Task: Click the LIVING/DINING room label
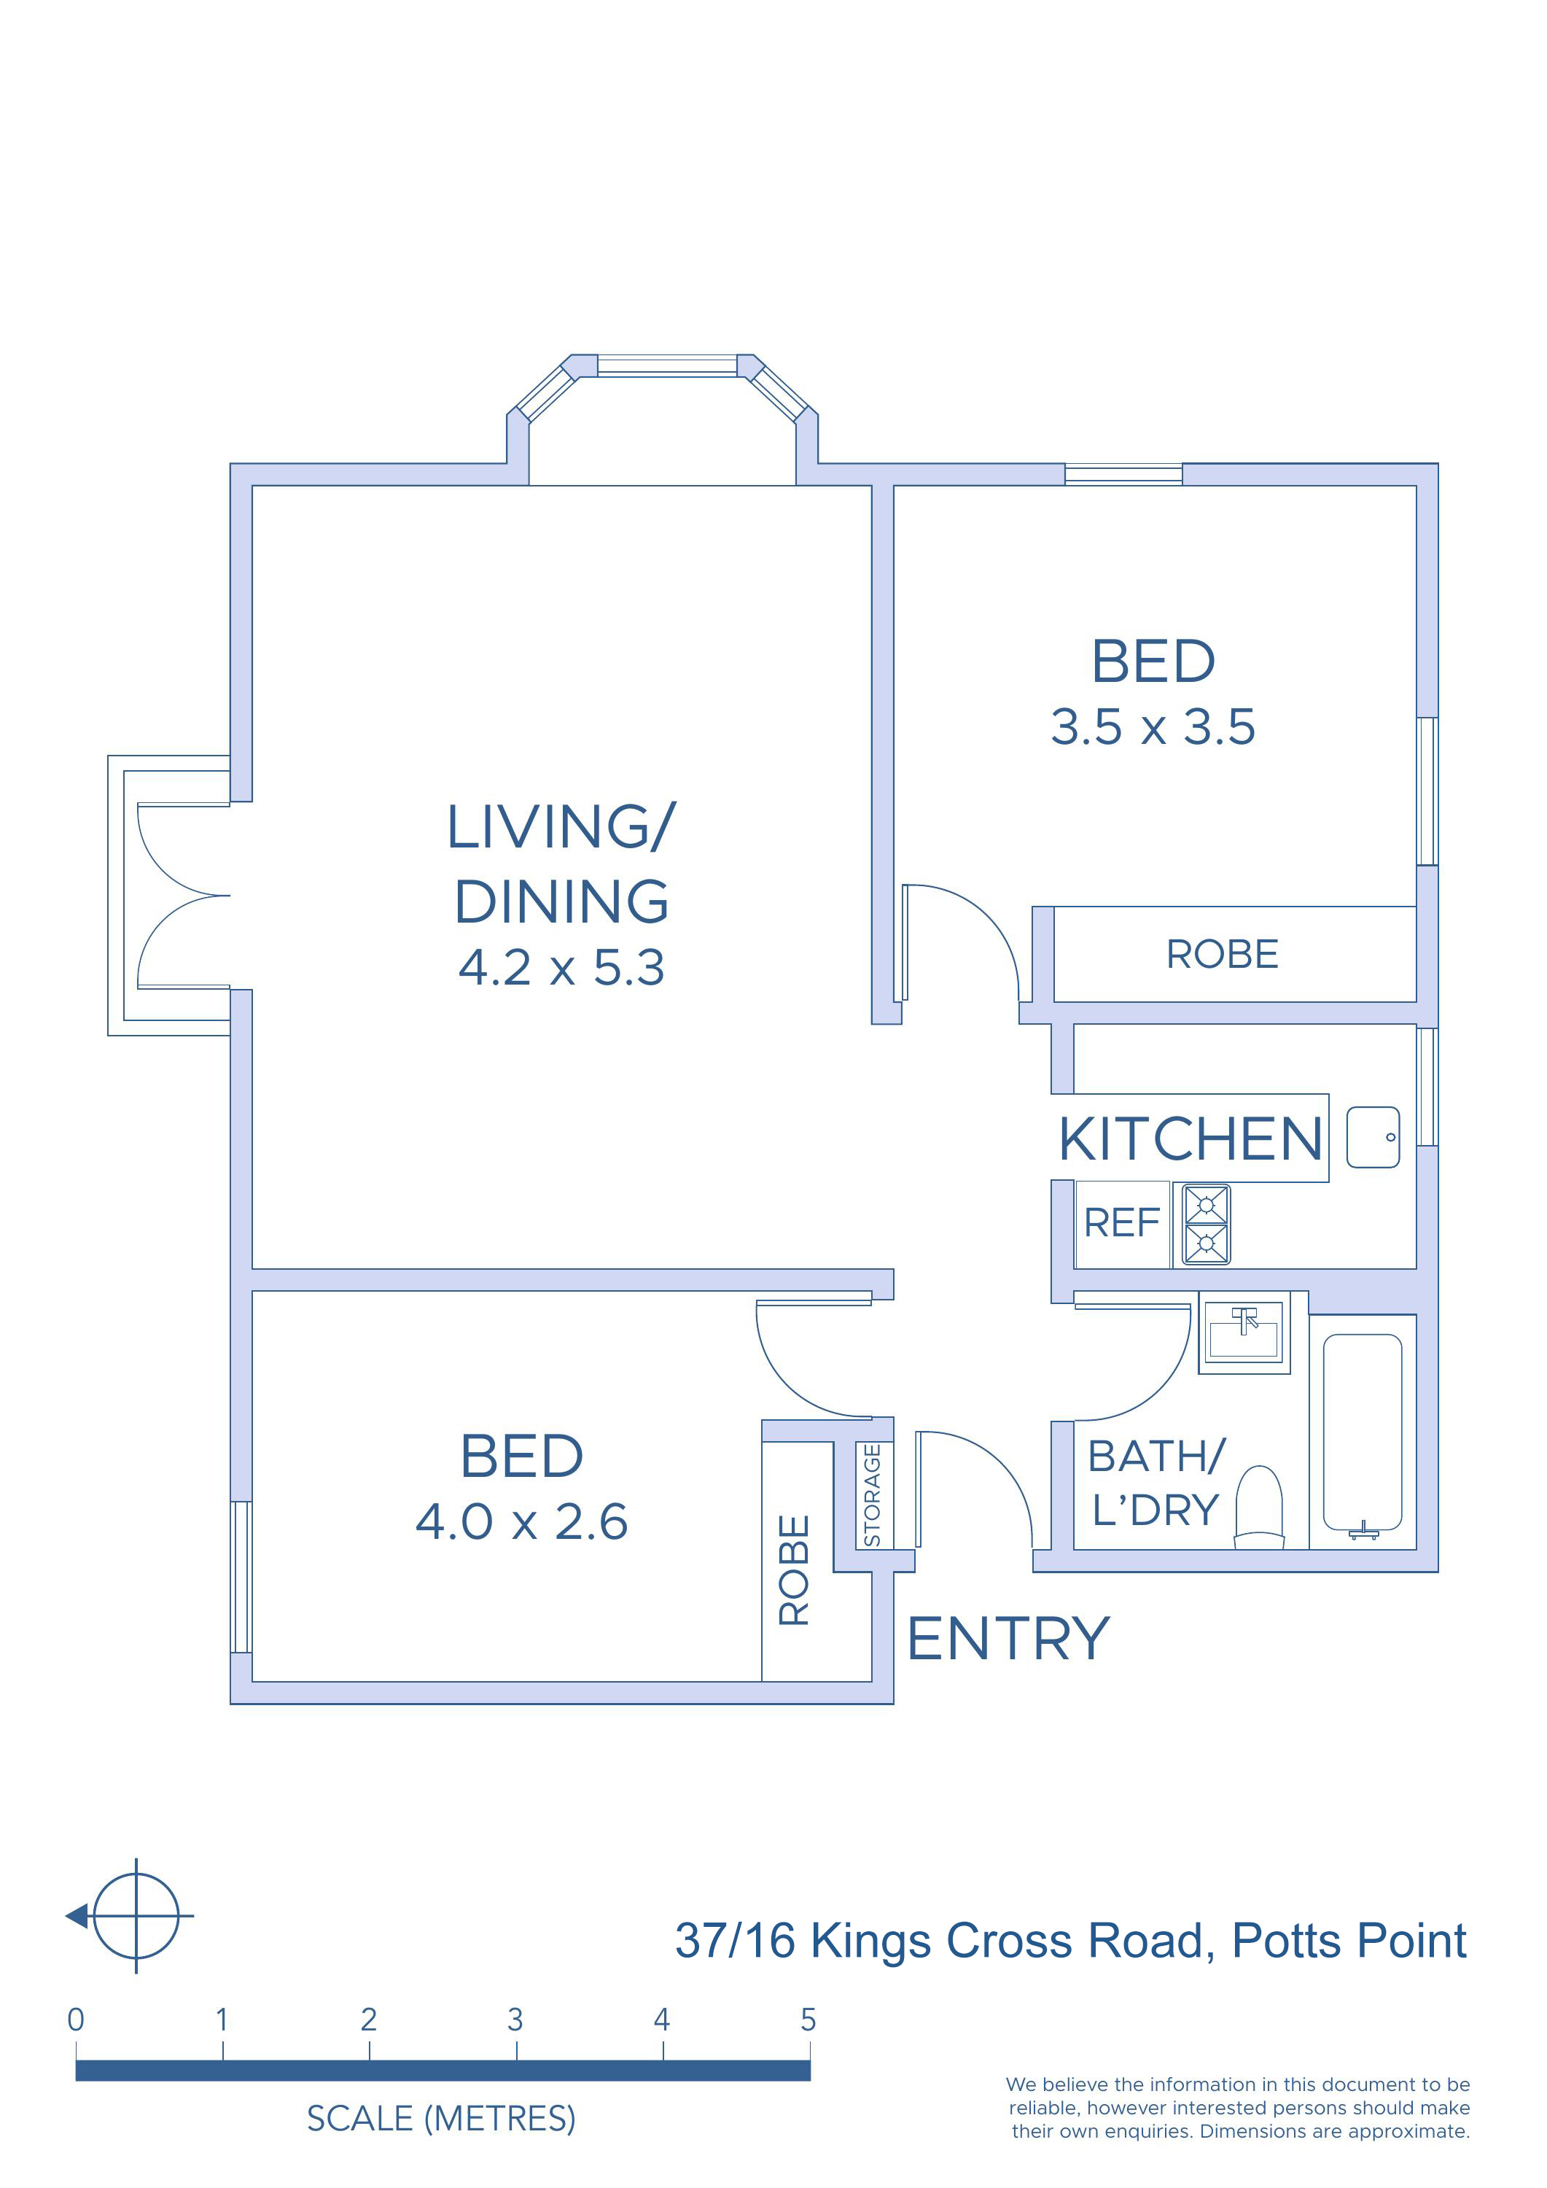pyautogui.click(x=561, y=864)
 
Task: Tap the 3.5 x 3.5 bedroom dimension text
pyautogui.click(x=1153, y=727)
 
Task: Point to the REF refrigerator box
pyautogui.click(x=1122, y=1225)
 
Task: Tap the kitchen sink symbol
pyautogui.click(x=1373, y=1137)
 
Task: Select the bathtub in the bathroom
pyautogui.click(x=1363, y=1433)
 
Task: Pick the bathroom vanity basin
pyautogui.click(x=1243, y=1332)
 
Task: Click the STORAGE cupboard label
pyautogui.click(x=872, y=1495)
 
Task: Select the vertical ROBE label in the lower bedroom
pyautogui.click(x=795, y=1570)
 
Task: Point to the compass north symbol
pyautogui.click(x=130, y=1915)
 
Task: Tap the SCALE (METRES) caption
pyautogui.click(x=441, y=2119)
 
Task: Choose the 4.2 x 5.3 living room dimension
pyautogui.click(x=561, y=969)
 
